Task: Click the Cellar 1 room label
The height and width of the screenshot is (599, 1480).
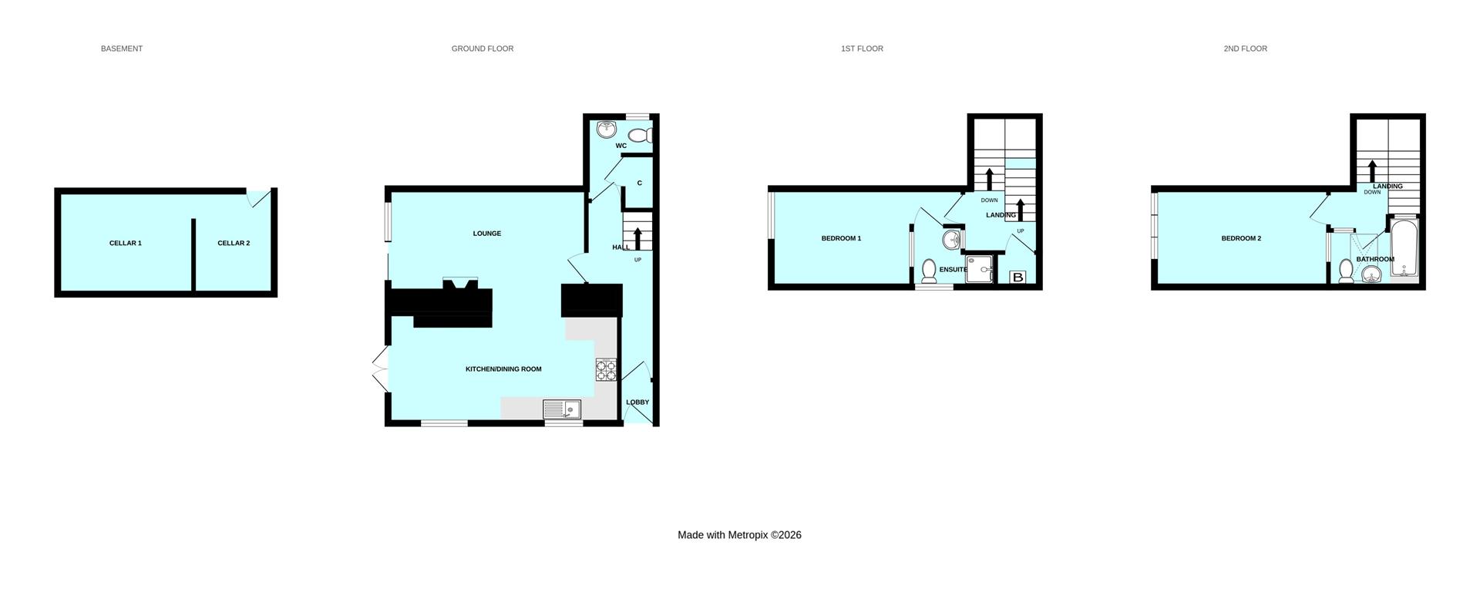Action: pos(125,244)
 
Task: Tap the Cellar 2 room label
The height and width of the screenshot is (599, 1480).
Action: pos(234,244)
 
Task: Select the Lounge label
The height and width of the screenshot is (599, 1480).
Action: pos(487,234)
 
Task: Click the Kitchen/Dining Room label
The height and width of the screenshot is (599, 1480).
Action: pos(503,369)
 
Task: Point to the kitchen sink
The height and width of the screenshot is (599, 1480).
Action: pos(562,409)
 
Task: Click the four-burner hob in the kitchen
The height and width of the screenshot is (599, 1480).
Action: pos(606,370)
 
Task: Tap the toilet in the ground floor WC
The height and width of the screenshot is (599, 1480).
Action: pos(641,136)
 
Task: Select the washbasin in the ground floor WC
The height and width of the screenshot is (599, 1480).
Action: pos(607,129)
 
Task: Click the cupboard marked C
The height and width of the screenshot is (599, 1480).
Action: pos(639,183)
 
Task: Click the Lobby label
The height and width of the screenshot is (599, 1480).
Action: pos(637,402)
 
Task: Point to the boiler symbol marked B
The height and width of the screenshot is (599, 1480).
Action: pos(1017,277)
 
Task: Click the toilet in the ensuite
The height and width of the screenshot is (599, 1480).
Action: pos(929,271)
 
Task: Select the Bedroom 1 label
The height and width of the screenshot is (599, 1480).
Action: pos(841,239)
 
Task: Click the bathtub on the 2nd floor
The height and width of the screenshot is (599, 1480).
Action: pos(1404,248)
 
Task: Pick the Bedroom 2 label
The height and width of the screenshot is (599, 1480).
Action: pos(1241,239)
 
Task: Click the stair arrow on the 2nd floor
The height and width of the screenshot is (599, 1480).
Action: pos(1372,170)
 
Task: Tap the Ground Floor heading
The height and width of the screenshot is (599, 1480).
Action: pos(483,49)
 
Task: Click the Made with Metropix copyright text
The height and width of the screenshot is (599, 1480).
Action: pos(739,535)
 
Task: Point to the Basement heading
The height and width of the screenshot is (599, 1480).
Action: pos(122,49)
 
